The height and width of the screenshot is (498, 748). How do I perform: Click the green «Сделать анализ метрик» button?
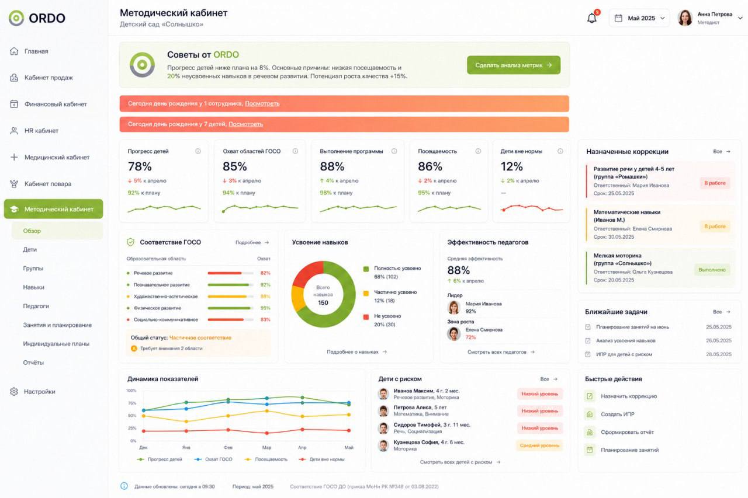[514, 65]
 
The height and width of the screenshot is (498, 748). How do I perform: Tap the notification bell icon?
[592, 18]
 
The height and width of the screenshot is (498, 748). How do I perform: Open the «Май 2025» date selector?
[639, 18]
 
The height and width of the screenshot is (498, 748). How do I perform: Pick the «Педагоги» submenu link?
[36, 306]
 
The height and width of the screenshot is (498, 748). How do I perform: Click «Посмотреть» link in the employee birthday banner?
[262, 103]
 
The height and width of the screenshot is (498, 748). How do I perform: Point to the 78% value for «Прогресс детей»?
[140, 166]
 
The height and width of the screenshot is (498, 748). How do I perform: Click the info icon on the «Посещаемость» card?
[478, 151]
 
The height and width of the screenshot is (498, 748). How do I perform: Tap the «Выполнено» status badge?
[712, 270]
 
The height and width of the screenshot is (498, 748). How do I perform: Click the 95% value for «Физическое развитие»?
[265, 308]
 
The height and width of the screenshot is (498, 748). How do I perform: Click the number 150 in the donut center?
[323, 302]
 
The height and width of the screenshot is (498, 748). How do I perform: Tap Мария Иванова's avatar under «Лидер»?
[454, 307]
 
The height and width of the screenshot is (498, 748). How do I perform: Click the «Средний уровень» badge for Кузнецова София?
[539, 445]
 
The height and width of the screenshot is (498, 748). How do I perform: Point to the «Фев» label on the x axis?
[228, 447]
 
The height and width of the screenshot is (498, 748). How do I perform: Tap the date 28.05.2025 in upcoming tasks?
[719, 354]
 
